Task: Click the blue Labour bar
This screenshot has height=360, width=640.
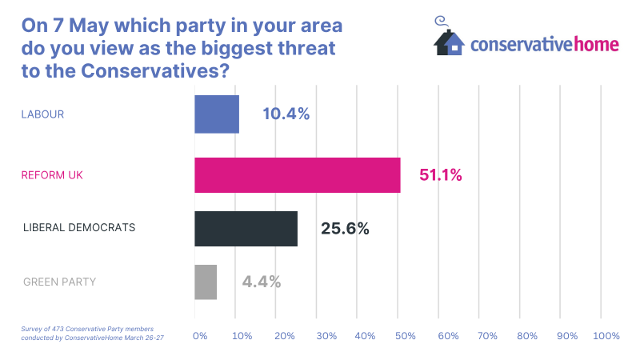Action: pyautogui.click(x=217, y=114)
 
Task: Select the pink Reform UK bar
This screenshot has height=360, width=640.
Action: pyautogui.click(x=298, y=175)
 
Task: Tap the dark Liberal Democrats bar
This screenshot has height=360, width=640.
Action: pyautogui.click(x=246, y=229)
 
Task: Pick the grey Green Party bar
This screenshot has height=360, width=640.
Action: pyautogui.click(x=206, y=282)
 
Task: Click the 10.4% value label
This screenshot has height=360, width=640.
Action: pyautogui.click(x=286, y=114)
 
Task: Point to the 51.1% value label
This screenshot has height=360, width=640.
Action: pyautogui.click(x=441, y=175)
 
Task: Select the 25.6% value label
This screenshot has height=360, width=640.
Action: pyautogui.click(x=345, y=229)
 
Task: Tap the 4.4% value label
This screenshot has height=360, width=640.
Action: pyautogui.click(x=261, y=282)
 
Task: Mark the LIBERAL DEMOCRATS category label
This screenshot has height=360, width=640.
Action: pyautogui.click(x=79, y=228)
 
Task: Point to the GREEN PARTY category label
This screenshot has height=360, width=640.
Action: pyautogui.click(x=59, y=282)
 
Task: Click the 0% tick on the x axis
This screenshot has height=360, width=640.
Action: pyautogui.click(x=200, y=336)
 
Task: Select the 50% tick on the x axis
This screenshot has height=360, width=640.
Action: pyautogui.click(x=406, y=336)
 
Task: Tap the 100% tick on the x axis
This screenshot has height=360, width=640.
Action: pyautogui.click(x=606, y=336)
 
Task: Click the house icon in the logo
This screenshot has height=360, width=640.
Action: pyautogui.click(x=449, y=40)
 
